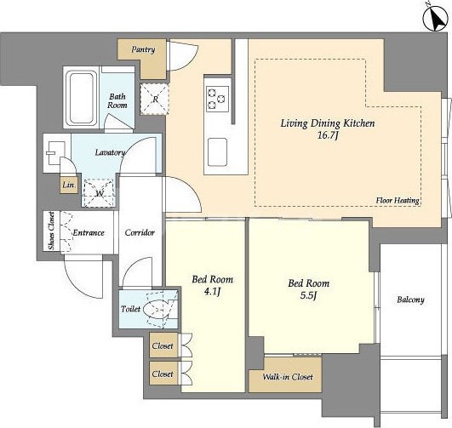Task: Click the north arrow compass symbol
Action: point(435,19)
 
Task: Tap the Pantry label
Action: point(143,49)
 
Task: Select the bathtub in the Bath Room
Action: point(81,98)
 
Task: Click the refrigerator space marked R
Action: point(155,100)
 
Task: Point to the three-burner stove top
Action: point(218,99)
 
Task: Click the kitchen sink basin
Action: point(217,152)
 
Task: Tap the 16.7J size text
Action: point(328,135)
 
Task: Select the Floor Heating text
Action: point(398,200)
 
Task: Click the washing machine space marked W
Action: point(99,193)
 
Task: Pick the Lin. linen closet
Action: point(69,185)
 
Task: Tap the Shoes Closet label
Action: point(51,231)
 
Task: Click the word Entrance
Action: point(89,232)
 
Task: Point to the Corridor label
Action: point(140,232)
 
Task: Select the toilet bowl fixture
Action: point(158,309)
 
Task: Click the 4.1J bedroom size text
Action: point(212,292)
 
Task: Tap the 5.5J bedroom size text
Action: point(308,296)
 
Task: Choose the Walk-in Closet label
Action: point(288,377)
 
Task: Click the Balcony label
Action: point(410,300)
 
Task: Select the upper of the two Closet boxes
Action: point(163,345)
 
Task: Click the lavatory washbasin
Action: point(54,153)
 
